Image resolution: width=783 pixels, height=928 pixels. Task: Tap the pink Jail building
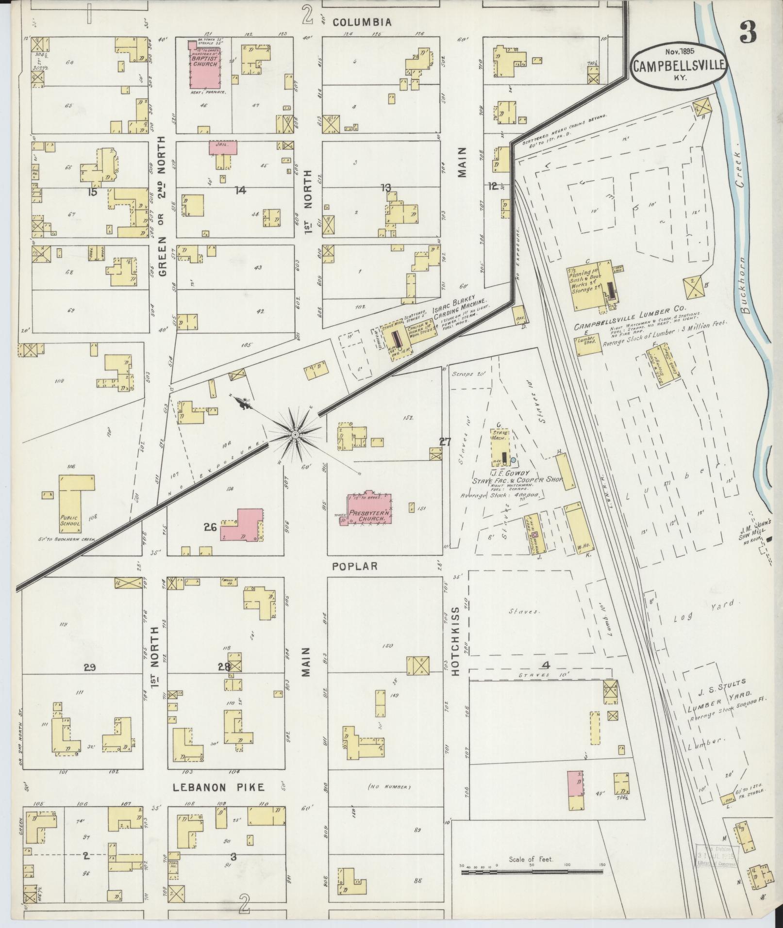223,147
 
